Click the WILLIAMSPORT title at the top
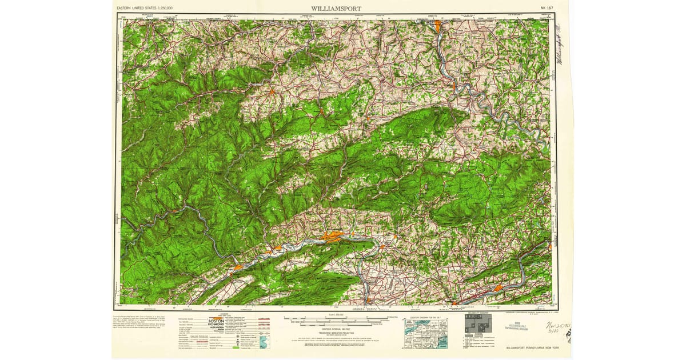[336, 9]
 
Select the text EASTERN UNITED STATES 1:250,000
[145, 9]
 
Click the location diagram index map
[425, 334]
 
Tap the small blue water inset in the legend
[265, 342]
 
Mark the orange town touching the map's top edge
[437, 25]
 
